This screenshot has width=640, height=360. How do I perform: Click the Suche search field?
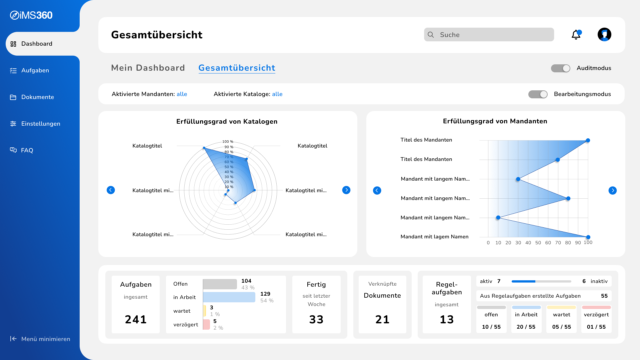pyautogui.click(x=489, y=35)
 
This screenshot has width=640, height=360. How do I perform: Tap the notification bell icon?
pyautogui.click(x=576, y=35)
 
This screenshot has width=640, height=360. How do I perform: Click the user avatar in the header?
pyautogui.click(x=604, y=34)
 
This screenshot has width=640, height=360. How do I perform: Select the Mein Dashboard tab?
pyautogui.click(x=148, y=68)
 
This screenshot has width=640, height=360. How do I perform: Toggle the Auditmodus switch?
pyautogui.click(x=561, y=68)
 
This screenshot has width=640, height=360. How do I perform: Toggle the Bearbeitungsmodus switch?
pyautogui.click(x=538, y=94)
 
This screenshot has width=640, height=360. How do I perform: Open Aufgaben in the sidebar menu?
pyautogui.click(x=35, y=70)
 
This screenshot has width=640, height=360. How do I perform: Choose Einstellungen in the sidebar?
pyautogui.click(x=41, y=124)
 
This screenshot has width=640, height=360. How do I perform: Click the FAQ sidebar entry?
pyautogui.click(x=27, y=150)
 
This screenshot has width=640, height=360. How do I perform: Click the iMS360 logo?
pyautogui.click(x=31, y=15)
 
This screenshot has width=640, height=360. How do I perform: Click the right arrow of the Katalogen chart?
pyautogui.click(x=346, y=190)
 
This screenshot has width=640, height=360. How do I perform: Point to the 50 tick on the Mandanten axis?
pyautogui.click(x=538, y=243)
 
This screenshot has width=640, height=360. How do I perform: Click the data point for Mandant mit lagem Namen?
pyautogui.click(x=588, y=237)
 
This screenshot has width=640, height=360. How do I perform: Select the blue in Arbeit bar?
pyautogui.click(x=229, y=297)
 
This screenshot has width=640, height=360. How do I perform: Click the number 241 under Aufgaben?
pyautogui.click(x=136, y=319)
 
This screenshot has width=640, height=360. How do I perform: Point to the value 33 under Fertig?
pyautogui.click(x=316, y=319)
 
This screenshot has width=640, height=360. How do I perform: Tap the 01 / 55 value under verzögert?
pyautogui.click(x=596, y=327)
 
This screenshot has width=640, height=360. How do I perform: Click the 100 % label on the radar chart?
pyautogui.click(x=228, y=142)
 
